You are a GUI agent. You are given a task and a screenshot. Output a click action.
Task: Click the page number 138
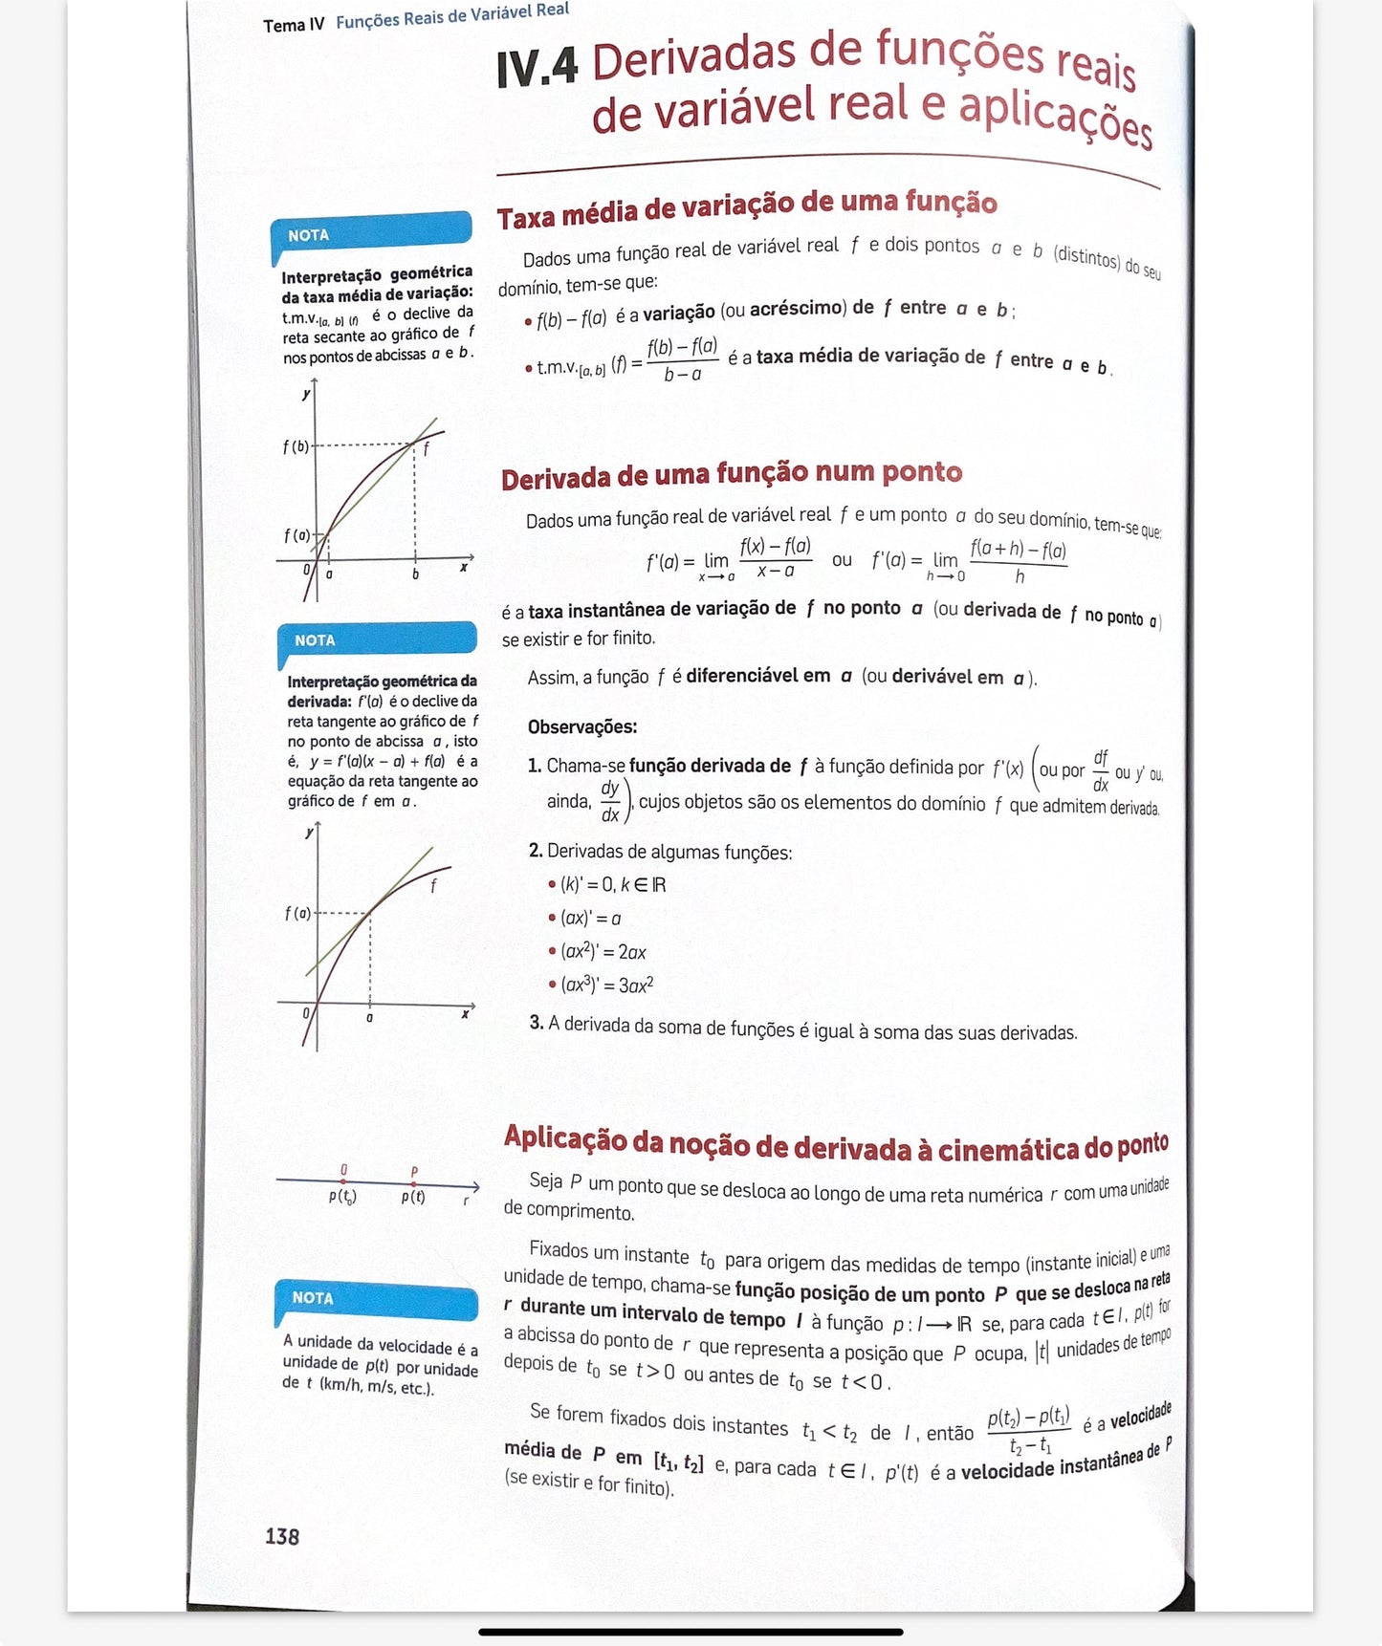coord(282,1536)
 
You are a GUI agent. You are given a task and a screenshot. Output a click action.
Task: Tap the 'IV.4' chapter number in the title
coord(537,69)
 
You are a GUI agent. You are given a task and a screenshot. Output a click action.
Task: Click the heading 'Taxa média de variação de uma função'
coord(746,207)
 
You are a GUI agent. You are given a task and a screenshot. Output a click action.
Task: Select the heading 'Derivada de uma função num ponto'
coord(732,474)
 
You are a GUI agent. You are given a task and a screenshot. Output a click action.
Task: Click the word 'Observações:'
coord(582,726)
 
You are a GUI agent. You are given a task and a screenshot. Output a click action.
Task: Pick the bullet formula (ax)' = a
coord(590,919)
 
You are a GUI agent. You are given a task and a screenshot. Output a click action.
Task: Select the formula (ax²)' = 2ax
coord(603,952)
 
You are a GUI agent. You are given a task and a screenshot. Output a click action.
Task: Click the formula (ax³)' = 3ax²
coord(606,985)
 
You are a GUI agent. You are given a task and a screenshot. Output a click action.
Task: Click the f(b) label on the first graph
coord(296,446)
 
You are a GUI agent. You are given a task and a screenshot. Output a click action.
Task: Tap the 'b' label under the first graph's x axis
coord(415,574)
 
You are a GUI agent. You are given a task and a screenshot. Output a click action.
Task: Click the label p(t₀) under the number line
coord(342,1197)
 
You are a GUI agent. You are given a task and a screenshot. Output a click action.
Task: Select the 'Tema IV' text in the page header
coord(294,25)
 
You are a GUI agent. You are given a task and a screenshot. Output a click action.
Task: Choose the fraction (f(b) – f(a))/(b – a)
coord(682,359)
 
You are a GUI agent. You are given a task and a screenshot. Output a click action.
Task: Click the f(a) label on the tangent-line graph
coord(297,914)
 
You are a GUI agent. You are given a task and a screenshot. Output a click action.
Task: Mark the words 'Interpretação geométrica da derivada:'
coord(382,690)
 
